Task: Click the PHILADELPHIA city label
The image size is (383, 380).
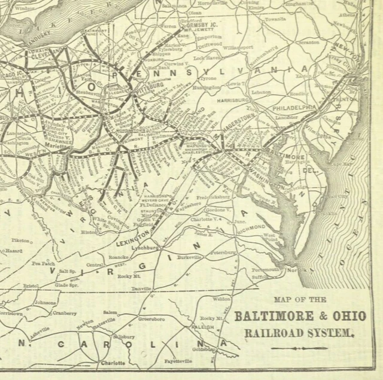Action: (x=294, y=107)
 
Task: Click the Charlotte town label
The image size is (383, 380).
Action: (x=113, y=363)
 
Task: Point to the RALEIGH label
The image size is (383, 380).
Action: (x=203, y=327)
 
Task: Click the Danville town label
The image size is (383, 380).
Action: (x=141, y=289)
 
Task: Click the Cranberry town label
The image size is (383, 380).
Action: (x=64, y=312)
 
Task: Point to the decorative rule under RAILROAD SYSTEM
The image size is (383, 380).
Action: (x=299, y=348)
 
